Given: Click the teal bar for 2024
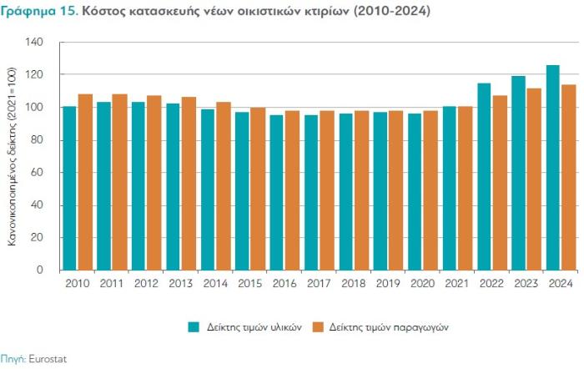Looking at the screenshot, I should click(553, 167).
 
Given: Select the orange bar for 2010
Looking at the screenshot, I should click(85, 182).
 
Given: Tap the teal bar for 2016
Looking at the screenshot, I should click(276, 192).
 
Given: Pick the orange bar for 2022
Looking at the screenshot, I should click(501, 182).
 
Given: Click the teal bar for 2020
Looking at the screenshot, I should click(415, 191).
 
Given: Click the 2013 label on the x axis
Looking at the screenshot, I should click(181, 284).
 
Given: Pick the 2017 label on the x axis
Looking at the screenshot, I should click(320, 284).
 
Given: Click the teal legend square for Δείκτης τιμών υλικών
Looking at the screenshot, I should click(194, 326).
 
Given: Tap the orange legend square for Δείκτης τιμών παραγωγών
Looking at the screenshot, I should click(317, 326).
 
